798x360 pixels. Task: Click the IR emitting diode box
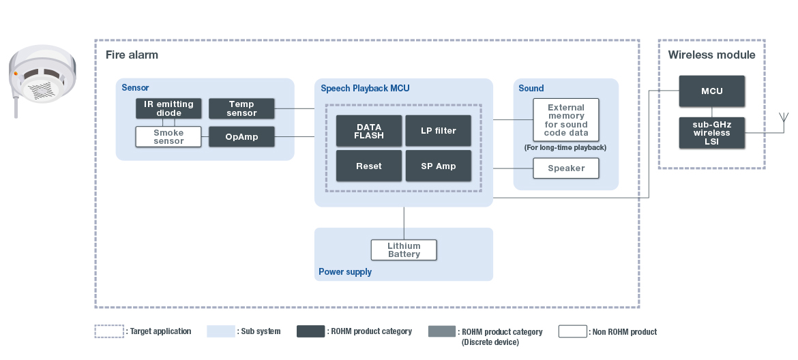168,108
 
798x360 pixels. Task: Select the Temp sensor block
241,108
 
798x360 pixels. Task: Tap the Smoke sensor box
168,136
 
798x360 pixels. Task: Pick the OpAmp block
241,137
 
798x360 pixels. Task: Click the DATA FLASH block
369,131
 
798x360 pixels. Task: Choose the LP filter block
438,131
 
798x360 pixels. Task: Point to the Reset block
369,166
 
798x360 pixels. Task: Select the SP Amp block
438,166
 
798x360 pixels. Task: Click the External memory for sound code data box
565,120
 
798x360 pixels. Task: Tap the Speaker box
565,168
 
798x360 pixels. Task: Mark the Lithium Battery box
404,250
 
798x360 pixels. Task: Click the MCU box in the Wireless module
711,91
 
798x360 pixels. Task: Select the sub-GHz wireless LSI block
711,133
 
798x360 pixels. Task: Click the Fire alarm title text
132,55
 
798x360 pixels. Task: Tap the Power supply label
345,271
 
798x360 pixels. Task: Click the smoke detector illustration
42,78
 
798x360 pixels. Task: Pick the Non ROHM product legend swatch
572,332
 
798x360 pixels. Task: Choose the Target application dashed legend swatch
109,332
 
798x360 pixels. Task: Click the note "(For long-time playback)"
565,147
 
